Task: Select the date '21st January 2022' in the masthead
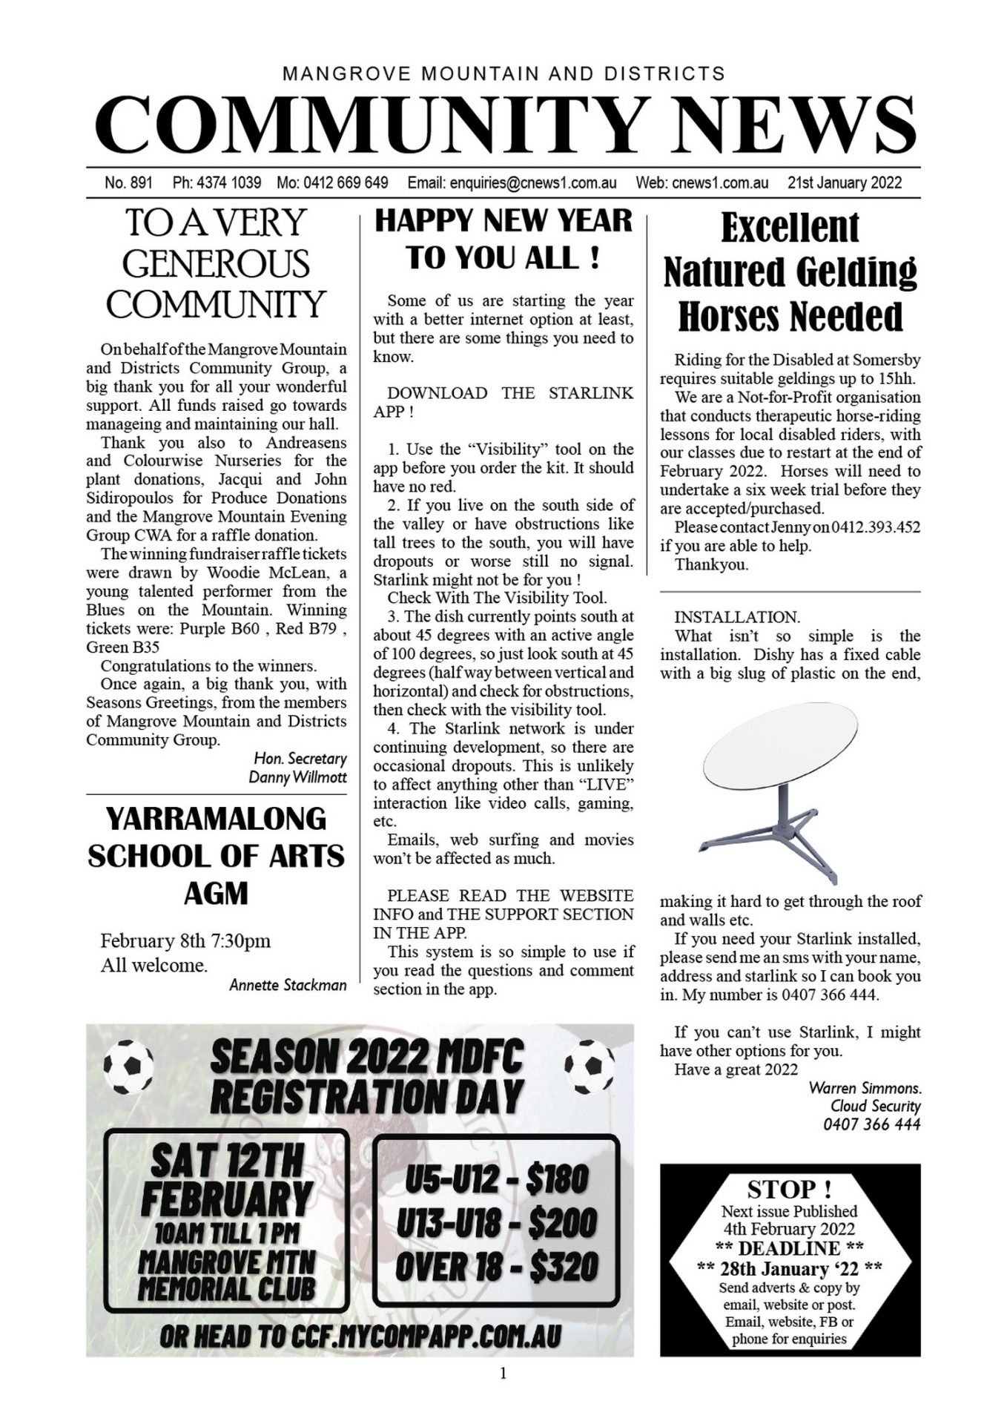point(845,183)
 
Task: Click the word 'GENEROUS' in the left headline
point(216,263)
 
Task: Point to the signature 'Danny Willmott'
point(297,777)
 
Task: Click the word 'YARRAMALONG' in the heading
point(216,819)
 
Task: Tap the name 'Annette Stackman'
point(288,985)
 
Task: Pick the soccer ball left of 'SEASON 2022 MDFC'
point(129,1067)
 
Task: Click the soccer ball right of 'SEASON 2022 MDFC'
point(590,1067)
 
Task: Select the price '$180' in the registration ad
point(558,1179)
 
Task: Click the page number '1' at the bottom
point(503,1374)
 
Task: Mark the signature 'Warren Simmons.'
point(865,1088)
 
